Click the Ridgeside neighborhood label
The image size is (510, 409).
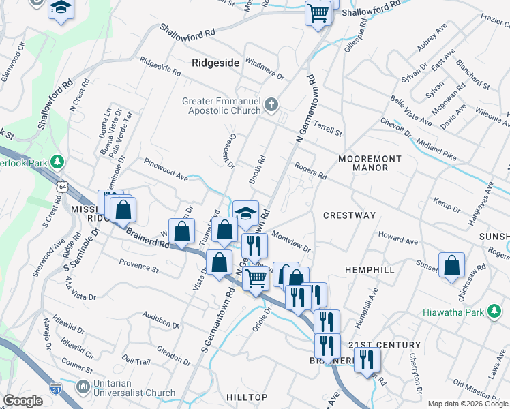(x=215, y=63)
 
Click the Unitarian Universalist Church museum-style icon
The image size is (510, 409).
(x=84, y=387)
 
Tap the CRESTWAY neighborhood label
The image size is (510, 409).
(x=349, y=215)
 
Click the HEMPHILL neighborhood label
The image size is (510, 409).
(x=370, y=270)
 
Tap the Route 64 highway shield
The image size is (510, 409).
(x=63, y=186)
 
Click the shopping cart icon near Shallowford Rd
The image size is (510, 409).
(x=318, y=12)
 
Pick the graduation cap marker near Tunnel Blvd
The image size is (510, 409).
(x=245, y=213)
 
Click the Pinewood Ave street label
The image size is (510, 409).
(x=165, y=169)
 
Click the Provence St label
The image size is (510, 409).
(x=138, y=265)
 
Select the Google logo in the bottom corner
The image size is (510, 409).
(x=23, y=401)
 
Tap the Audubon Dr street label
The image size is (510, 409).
(x=161, y=318)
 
